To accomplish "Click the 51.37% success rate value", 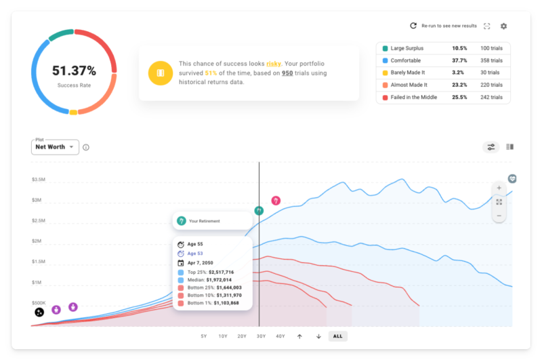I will tap(74, 71).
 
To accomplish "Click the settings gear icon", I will tap(503, 26).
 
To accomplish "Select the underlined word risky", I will tap(274, 63).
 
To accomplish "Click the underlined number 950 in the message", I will tap(287, 73).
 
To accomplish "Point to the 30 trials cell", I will tap(490, 73).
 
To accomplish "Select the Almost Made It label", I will tap(413, 85).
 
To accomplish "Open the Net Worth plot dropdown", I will tap(55, 147).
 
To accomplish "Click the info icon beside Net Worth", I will tap(86, 147).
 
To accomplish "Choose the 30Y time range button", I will tap(261, 336).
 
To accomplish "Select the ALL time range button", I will tap(338, 336).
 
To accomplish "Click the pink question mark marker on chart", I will tap(276, 201).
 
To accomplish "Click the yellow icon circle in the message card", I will tap(161, 73).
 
